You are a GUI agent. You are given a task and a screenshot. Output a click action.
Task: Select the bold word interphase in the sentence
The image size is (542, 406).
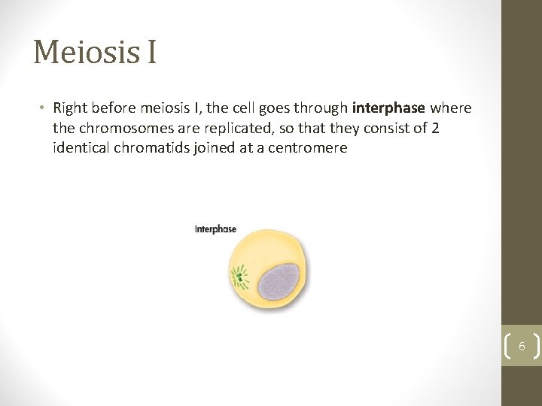tap(388, 108)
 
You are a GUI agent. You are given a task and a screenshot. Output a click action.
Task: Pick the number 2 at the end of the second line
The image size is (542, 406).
tap(435, 128)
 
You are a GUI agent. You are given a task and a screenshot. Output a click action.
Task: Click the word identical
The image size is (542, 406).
tap(81, 147)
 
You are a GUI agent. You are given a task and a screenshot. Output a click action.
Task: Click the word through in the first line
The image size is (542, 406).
tap(321, 108)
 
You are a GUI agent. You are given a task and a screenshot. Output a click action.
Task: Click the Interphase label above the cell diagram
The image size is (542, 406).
tap(215, 229)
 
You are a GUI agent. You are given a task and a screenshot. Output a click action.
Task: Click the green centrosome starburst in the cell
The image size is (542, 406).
tap(240, 277)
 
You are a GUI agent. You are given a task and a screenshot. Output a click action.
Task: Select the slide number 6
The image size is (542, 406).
tap(522, 347)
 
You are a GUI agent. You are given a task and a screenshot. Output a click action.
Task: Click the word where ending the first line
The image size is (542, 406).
tap(451, 108)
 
